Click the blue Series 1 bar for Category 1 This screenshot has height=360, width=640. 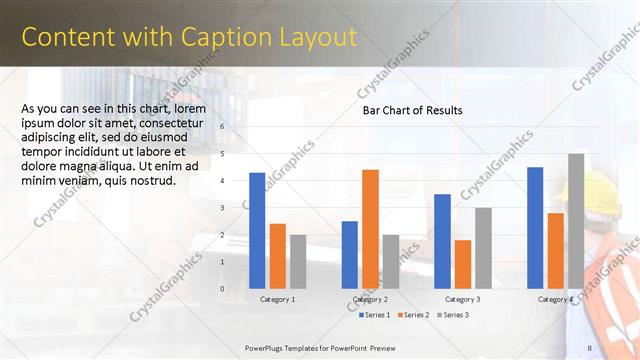click(257, 231)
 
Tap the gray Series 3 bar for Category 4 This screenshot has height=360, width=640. click(576, 221)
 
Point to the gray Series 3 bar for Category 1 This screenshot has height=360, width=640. click(298, 262)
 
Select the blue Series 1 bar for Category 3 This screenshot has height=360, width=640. click(442, 241)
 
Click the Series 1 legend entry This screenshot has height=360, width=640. click(376, 315)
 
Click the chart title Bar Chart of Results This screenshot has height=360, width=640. click(412, 110)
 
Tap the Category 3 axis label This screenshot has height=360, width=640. click(463, 299)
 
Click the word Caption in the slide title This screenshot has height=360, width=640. click(218, 37)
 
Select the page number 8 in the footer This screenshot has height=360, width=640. click(589, 347)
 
